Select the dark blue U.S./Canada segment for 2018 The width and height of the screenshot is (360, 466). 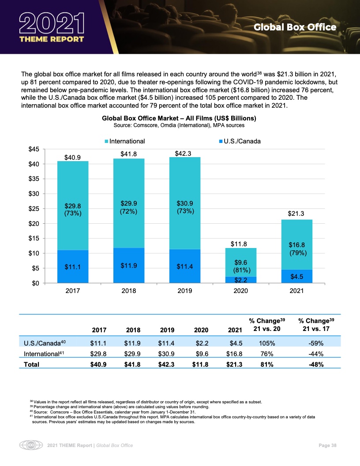129,265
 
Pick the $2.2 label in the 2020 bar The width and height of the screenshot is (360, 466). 240,280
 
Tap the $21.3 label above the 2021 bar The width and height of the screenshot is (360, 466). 296,214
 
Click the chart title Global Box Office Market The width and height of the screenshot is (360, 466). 179,119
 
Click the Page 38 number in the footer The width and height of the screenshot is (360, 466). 328,446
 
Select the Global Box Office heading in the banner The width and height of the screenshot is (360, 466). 295,27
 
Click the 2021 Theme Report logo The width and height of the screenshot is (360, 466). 52,27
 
